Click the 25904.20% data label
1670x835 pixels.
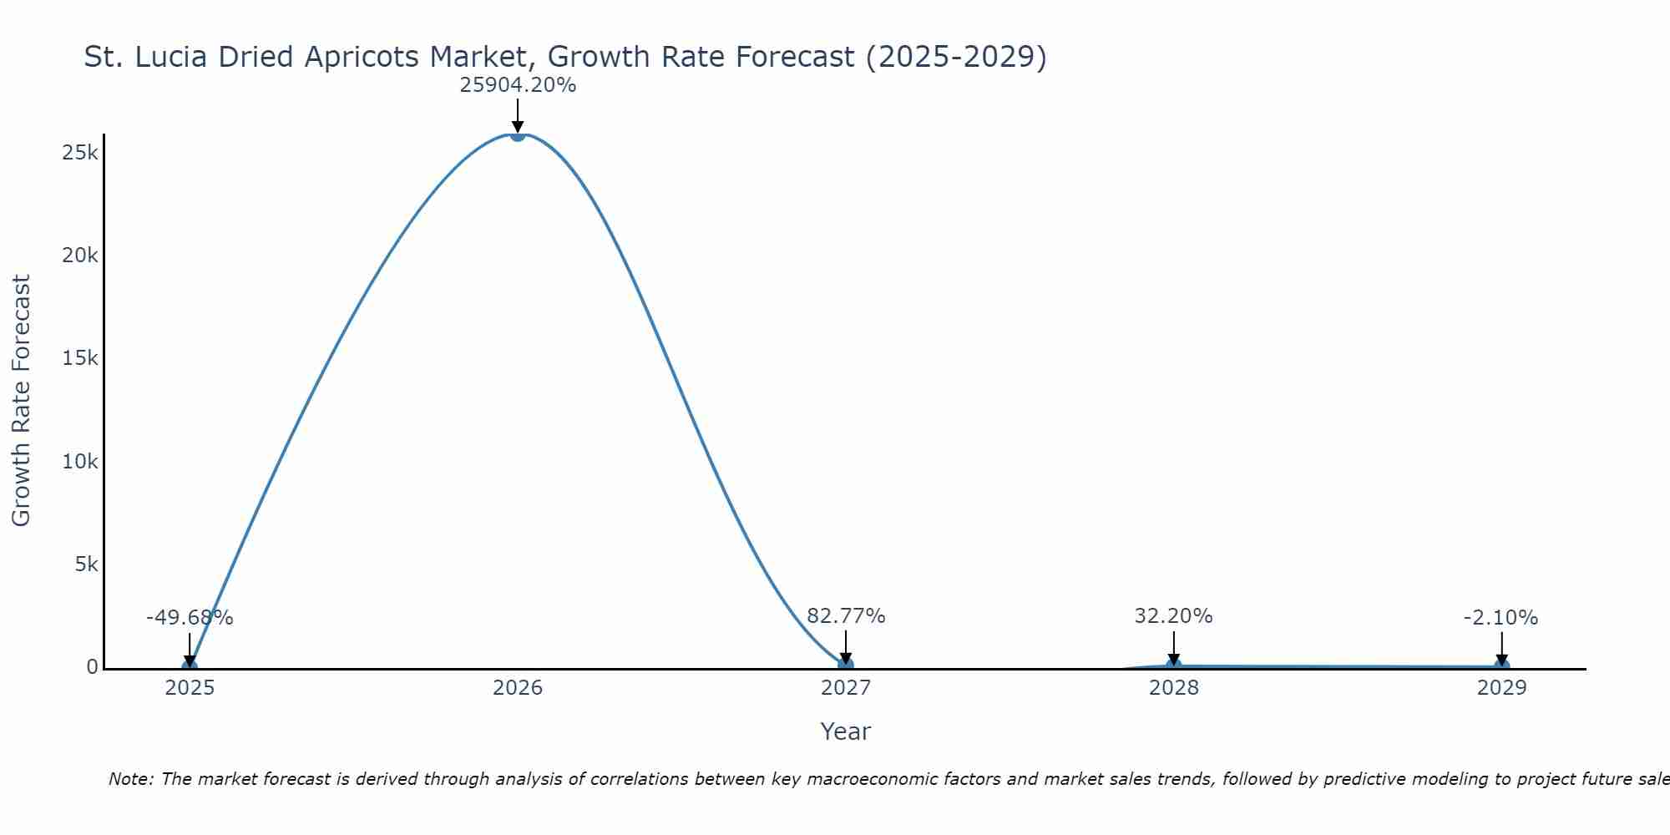pos(518,85)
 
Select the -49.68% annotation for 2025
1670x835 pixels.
pos(190,618)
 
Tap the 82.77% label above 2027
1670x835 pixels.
pos(846,616)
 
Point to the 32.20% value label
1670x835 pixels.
pos(1173,616)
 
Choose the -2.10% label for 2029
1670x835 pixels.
pos(1500,618)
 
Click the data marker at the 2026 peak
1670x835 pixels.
pos(518,134)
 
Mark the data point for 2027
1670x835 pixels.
pos(846,665)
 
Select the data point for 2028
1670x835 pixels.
pos(1173,665)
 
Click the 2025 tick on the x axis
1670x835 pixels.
pos(190,688)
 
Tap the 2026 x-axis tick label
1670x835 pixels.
pos(518,688)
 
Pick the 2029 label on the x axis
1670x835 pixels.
pos(1501,688)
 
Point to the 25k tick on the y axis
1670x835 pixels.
pos(80,153)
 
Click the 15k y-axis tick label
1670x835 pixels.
pos(80,358)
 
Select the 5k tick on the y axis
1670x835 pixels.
pos(86,564)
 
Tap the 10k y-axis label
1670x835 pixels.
pos(80,462)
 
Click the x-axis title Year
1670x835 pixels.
pos(845,731)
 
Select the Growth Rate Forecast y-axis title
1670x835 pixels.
pos(21,401)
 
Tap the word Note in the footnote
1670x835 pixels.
pos(130,779)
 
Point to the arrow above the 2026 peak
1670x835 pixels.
pos(518,115)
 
